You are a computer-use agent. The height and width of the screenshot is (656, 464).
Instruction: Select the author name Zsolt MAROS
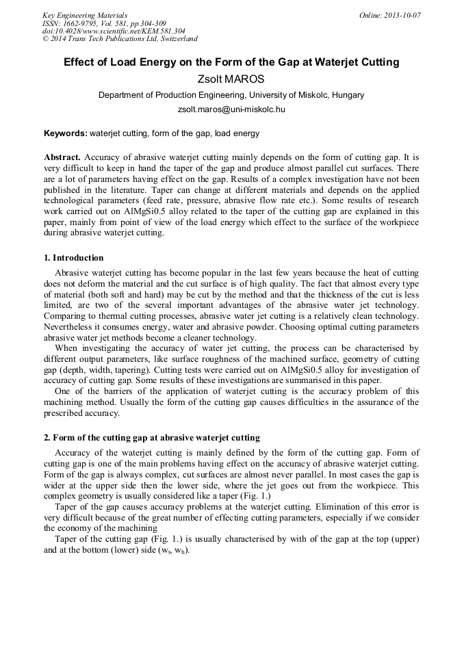[231, 79]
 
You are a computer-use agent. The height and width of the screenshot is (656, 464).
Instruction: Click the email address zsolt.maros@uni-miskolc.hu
[231, 109]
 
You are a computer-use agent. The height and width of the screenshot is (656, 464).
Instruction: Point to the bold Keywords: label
[66, 133]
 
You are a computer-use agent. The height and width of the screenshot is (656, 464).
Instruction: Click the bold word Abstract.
[62, 157]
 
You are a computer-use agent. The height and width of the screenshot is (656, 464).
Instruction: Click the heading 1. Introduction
[74, 258]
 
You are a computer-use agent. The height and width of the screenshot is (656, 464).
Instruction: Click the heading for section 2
[152, 437]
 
